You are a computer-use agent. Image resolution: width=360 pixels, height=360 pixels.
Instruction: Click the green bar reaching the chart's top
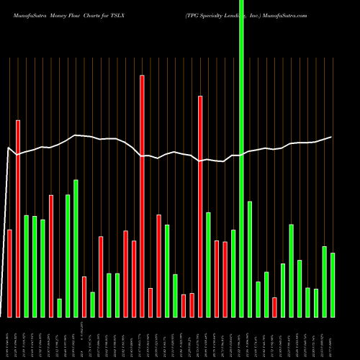coord(242,158)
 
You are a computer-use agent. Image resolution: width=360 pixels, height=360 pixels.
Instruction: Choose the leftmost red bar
coord(9,273)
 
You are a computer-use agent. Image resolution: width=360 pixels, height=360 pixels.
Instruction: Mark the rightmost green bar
coord(333,284)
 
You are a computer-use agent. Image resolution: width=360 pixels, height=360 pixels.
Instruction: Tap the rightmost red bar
coord(274,307)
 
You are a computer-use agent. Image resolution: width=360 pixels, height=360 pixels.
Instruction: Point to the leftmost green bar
coord(26,266)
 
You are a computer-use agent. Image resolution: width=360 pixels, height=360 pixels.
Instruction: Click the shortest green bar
coord(59,307)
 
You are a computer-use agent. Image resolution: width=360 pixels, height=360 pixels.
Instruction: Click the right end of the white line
coord(331,137)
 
